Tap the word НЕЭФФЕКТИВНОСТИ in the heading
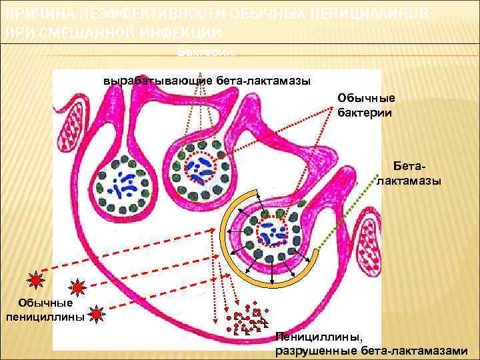140,15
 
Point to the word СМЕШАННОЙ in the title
83,33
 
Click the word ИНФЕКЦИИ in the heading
181,33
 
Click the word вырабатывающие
159,81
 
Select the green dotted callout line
347,213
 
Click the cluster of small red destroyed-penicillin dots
247,319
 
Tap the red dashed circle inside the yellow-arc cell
273,231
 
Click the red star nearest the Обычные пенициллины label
97,312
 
